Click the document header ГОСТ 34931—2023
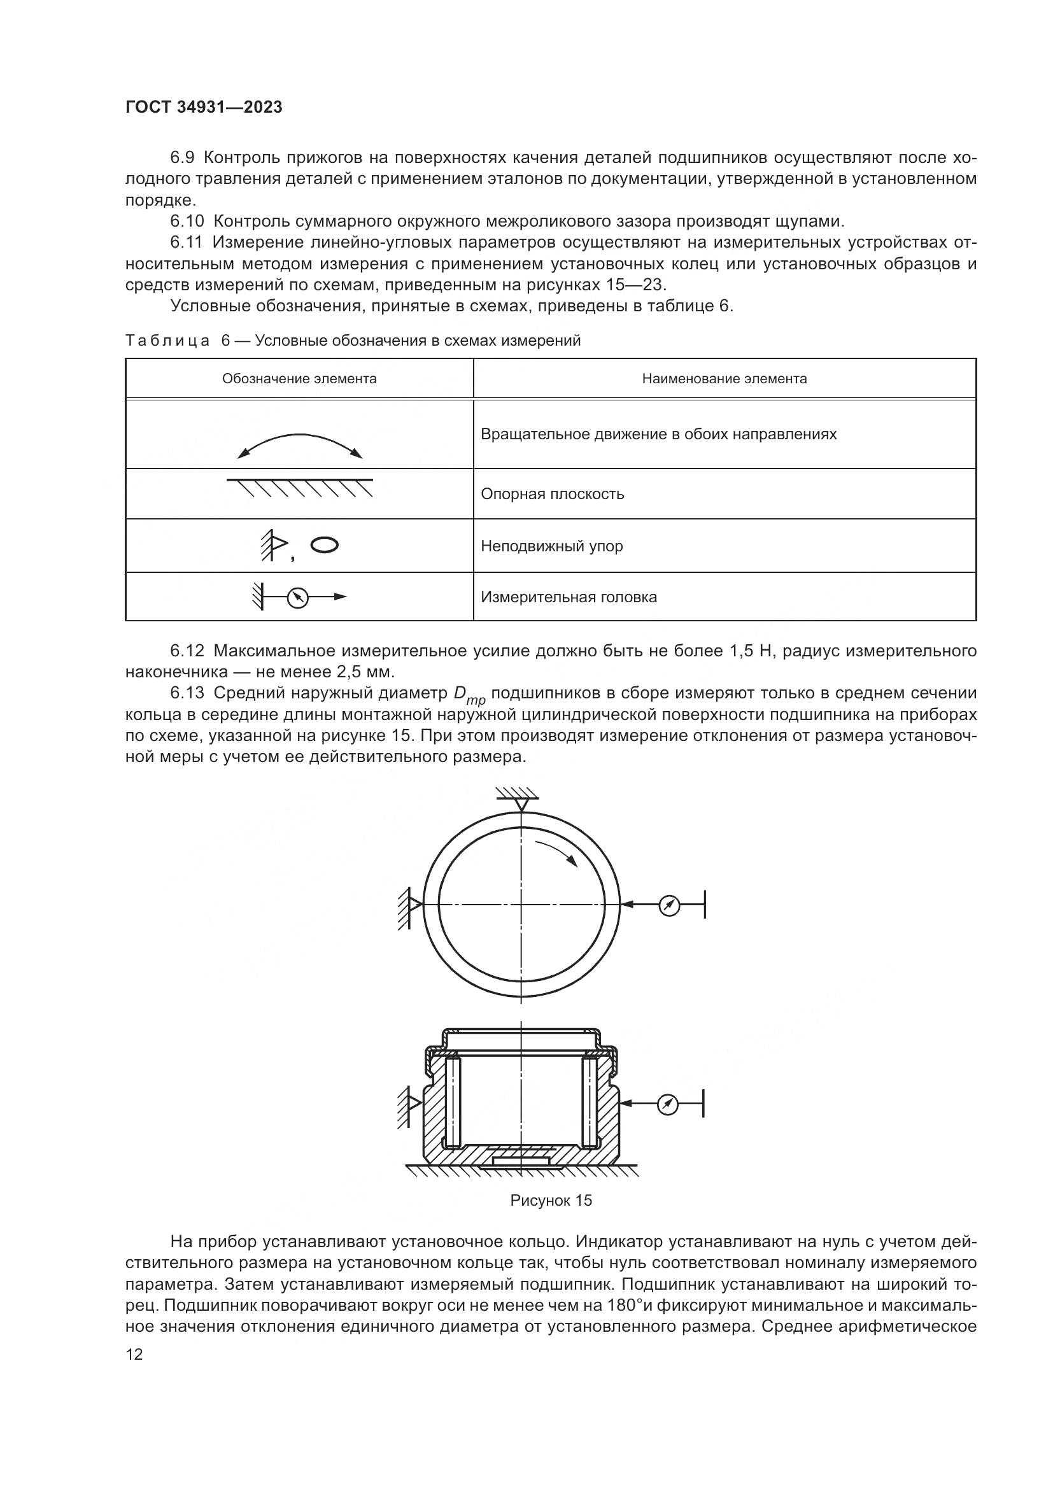click(x=204, y=108)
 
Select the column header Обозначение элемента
click(x=299, y=379)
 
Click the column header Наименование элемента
click(x=724, y=379)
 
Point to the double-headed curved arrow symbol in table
click(x=300, y=446)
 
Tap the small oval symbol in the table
click(x=324, y=545)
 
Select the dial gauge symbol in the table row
click(x=297, y=596)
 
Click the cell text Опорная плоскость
click(x=553, y=494)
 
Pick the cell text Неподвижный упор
click(x=552, y=546)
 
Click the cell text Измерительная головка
click(x=569, y=597)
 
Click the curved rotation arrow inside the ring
click(x=557, y=850)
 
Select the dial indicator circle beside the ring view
click(x=668, y=905)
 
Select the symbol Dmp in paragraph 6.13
click(x=469, y=695)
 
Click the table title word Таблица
click(x=167, y=341)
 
